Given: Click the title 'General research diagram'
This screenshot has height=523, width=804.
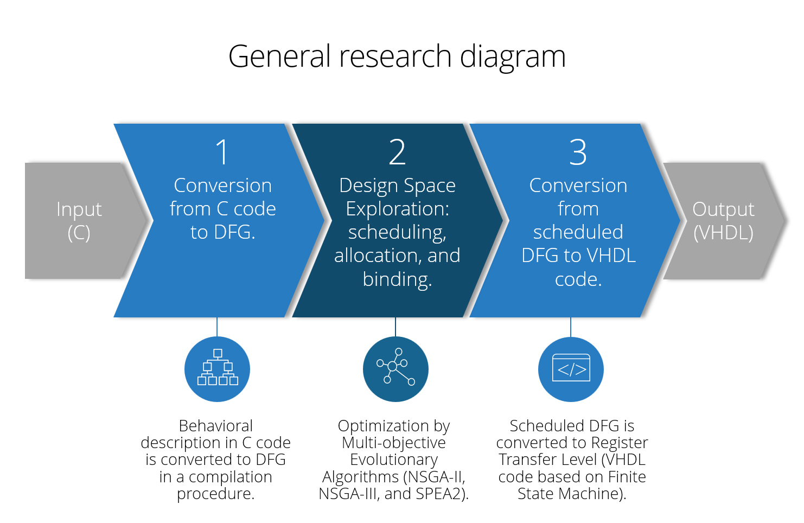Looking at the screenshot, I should point(397,56).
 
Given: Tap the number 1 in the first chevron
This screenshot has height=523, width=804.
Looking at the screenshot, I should point(222,152).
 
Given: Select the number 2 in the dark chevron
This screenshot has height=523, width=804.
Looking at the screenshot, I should point(397,152).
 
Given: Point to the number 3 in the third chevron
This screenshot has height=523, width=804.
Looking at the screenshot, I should point(578,152).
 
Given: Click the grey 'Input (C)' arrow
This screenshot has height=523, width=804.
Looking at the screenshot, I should point(79,221).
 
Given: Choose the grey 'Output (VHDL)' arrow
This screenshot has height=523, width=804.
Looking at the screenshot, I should point(723,221).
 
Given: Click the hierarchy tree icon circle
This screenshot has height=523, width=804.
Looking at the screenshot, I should point(217,369).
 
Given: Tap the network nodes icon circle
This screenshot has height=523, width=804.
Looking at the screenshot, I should point(395,369).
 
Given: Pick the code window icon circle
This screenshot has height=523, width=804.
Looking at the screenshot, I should point(571,369).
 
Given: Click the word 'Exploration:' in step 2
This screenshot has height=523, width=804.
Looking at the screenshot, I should point(397,209).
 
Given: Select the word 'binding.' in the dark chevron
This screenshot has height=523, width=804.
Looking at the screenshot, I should point(397,279).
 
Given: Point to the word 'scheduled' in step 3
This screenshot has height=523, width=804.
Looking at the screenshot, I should point(578,232).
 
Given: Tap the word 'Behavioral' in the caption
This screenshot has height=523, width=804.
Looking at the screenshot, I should point(216,426).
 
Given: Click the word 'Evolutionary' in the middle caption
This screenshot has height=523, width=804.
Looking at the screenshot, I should point(394,460).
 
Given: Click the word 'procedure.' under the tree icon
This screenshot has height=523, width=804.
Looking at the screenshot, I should point(216,494).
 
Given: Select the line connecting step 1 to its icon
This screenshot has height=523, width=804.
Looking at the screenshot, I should point(217,327).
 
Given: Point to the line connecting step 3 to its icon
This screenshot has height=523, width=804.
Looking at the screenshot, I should point(571,327).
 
